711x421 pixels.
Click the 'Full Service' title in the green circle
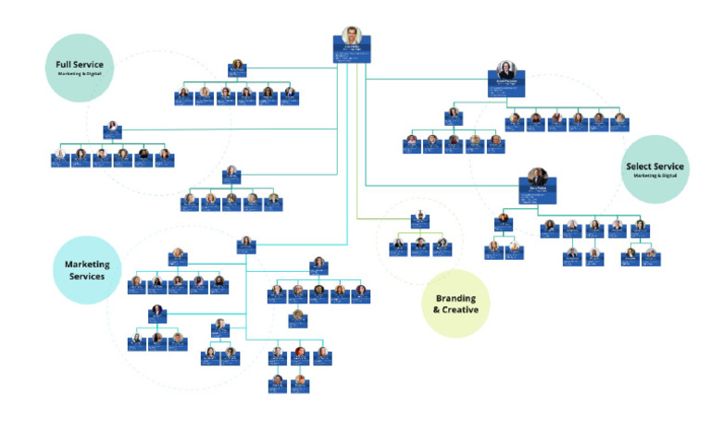pyautogui.click(x=79, y=63)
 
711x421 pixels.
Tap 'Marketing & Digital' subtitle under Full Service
pyautogui.click(x=80, y=73)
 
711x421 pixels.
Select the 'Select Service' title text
pyautogui.click(x=655, y=167)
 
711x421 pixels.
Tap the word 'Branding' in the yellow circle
pyautogui.click(x=455, y=299)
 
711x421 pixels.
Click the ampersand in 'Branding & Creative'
pyautogui.click(x=436, y=310)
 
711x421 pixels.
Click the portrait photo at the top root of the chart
pyautogui.click(x=351, y=35)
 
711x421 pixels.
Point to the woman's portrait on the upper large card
pyautogui.click(x=505, y=70)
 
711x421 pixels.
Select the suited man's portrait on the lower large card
pyautogui.click(x=537, y=177)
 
